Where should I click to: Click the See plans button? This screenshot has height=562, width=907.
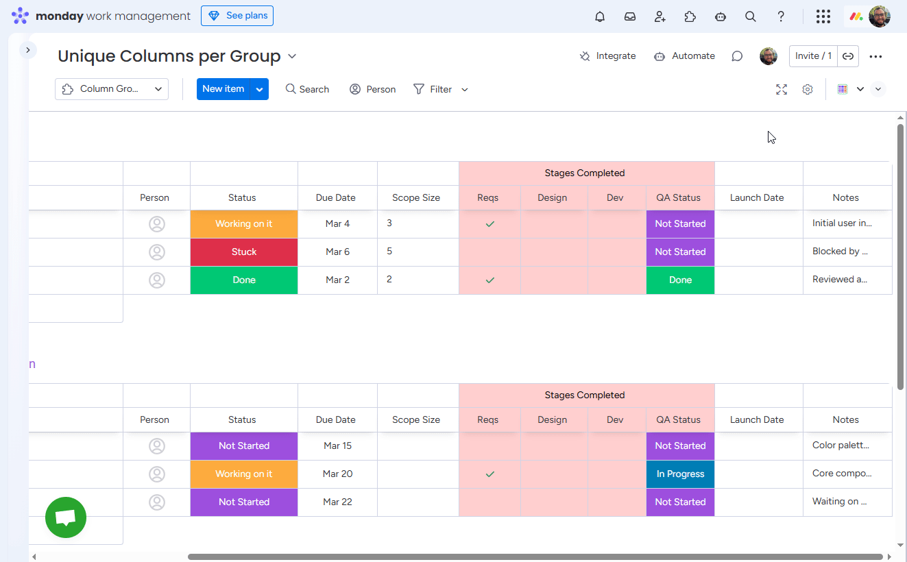(237, 16)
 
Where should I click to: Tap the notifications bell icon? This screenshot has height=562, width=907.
(600, 16)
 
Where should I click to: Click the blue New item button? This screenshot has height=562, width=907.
(223, 89)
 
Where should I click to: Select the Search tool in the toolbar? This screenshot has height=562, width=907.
(307, 89)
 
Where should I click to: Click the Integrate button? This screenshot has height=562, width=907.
(607, 56)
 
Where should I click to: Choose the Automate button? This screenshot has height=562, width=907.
(684, 56)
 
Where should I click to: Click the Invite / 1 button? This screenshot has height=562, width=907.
(813, 56)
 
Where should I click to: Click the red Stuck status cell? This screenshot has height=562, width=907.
(244, 252)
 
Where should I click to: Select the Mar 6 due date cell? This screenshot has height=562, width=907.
(337, 252)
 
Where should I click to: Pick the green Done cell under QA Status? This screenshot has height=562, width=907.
(680, 280)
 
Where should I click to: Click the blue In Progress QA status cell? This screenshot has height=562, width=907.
(680, 474)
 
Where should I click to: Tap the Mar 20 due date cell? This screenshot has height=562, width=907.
(337, 474)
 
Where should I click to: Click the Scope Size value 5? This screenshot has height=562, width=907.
(389, 252)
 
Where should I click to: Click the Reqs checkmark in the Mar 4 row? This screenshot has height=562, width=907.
(489, 224)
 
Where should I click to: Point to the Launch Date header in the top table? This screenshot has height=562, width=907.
(757, 198)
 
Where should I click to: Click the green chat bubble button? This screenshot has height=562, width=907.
(66, 517)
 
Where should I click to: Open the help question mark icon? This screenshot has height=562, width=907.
(781, 16)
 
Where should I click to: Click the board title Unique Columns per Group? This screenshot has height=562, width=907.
(169, 56)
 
